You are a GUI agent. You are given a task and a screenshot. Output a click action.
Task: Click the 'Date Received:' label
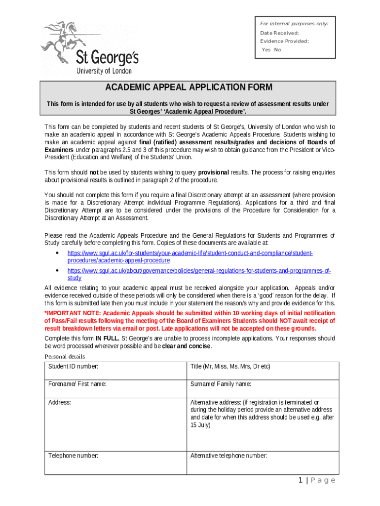tap(279, 33)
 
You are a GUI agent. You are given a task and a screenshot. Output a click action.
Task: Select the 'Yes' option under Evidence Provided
tap(266, 50)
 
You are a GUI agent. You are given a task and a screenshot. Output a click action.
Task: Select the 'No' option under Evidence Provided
tap(277, 50)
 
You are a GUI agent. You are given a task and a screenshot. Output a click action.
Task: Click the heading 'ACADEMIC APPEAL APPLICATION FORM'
tap(188, 87)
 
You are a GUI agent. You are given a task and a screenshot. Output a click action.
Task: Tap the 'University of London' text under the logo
tap(104, 71)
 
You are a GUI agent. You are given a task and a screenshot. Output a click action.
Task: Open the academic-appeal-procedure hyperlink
tap(190, 256)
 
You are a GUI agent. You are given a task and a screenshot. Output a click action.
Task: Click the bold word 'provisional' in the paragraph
tap(213, 172)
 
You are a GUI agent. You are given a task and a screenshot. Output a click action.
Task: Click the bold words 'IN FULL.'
tap(107, 338)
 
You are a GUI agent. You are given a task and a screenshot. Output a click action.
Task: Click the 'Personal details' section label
tap(65, 357)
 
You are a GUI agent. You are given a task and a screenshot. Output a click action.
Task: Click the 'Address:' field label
tap(60, 403)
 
